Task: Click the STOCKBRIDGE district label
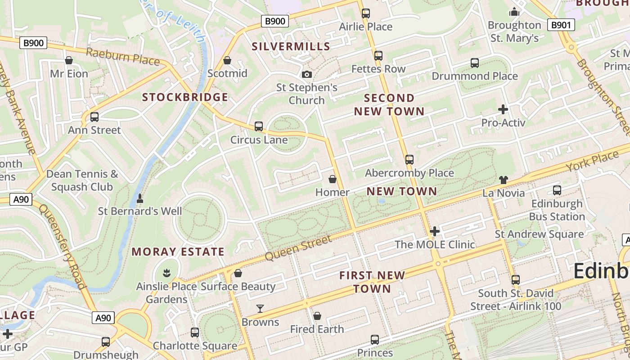(185, 97)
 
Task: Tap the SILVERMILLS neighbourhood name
(291, 46)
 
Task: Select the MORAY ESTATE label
(178, 252)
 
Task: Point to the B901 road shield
(561, 25)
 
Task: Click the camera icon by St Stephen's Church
(307, 74)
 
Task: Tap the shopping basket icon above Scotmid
(227, 60)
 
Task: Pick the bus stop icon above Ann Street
(94, 117)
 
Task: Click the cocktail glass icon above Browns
(260, 309)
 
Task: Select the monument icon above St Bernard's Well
(140, 198)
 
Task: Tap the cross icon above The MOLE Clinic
(435, 232)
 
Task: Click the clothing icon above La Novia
(503, 180)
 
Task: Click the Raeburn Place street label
(122, 57)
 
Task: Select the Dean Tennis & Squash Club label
(82, 180)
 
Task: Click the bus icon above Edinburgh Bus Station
(557, 190)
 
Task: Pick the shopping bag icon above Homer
(333, 180)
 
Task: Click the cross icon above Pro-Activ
(503, 109)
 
